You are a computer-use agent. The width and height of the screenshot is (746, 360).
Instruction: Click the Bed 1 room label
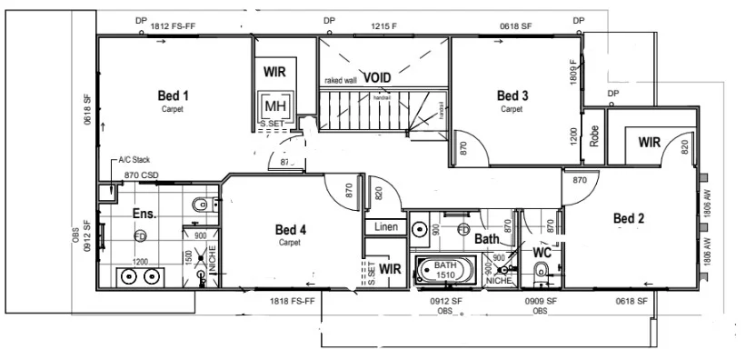[173, 95]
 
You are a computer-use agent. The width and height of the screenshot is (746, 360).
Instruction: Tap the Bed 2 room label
[628, 218]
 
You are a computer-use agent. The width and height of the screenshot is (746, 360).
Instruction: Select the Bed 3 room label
[512, 95]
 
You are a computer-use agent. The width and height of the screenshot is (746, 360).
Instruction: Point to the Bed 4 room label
[290, 230]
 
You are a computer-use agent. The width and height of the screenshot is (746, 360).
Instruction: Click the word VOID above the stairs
[377, 78]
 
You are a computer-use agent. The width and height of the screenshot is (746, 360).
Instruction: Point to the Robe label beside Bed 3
[595, 136]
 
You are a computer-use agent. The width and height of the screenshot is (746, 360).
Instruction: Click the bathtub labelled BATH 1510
[444, 270]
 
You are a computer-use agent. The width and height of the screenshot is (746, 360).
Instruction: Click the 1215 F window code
[382, 27]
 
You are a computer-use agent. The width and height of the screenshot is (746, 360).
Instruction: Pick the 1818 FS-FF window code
[292, 300]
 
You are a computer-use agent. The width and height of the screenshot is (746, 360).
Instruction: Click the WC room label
[542, 252]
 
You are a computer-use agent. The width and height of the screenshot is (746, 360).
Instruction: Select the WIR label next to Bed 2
[649, 143]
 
